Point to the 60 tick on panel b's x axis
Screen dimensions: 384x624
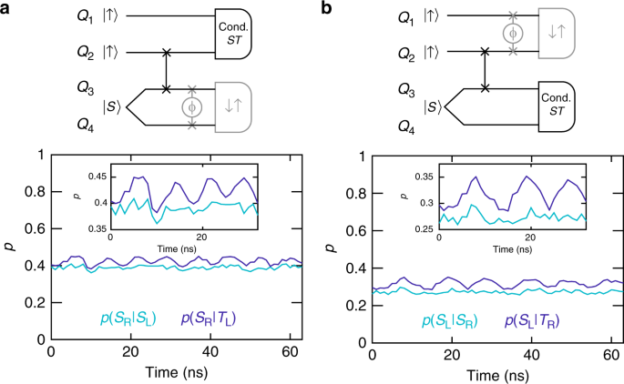[x=608, y=352]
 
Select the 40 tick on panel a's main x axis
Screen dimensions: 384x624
[x=208, y=352]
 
